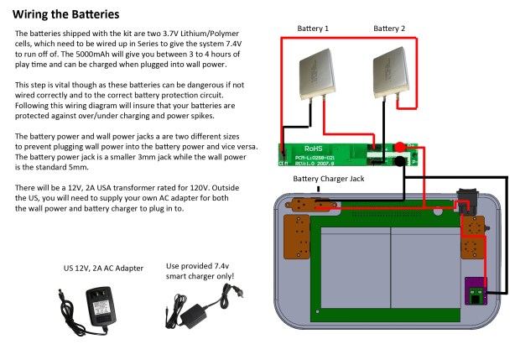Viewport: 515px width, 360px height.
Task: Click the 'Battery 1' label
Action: click(314, 29)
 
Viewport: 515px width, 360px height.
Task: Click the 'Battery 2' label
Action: click(389, 29)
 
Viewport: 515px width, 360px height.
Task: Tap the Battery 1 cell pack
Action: click(318, 75)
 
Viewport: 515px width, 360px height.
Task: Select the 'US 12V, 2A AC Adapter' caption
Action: click(103, 268)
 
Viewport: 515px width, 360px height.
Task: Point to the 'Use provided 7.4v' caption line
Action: click(200, 265)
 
